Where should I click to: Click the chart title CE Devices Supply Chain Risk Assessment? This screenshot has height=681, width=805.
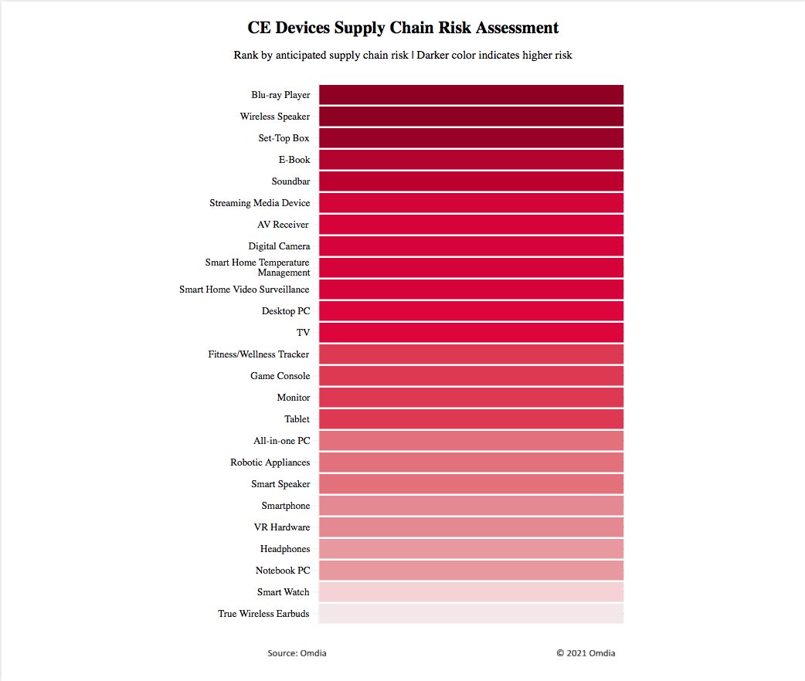(402, 28)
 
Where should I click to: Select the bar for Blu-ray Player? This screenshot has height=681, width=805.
(470, 95)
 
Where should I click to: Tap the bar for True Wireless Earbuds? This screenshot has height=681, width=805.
(470, 614)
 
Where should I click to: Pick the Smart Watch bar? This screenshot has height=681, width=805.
(470, 592)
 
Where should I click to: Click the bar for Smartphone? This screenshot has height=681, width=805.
(470, 506)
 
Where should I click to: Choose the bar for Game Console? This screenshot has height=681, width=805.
(470, 376)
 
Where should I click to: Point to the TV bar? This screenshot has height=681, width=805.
(470, 333)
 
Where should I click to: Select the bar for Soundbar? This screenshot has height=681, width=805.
(470, 181)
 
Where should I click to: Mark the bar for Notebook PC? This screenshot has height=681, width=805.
(470, 571)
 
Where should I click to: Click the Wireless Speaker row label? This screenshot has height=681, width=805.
(275, 117)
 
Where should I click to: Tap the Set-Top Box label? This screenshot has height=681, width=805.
(284, 138)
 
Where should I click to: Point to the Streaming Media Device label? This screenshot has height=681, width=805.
(260, 203)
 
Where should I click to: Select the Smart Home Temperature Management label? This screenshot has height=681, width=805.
(258, 267)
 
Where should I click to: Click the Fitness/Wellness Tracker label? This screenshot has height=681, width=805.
(259, 354)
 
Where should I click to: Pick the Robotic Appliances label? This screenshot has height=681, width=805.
(270, 462)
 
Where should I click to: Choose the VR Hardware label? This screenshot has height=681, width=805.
(282, 527)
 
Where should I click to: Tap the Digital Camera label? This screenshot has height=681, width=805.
(279, 246)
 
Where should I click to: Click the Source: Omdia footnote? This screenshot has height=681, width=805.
(297, 653)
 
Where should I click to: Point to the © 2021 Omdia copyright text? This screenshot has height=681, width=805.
(586, 653)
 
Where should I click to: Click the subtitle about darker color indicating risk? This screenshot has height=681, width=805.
(402, 56)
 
